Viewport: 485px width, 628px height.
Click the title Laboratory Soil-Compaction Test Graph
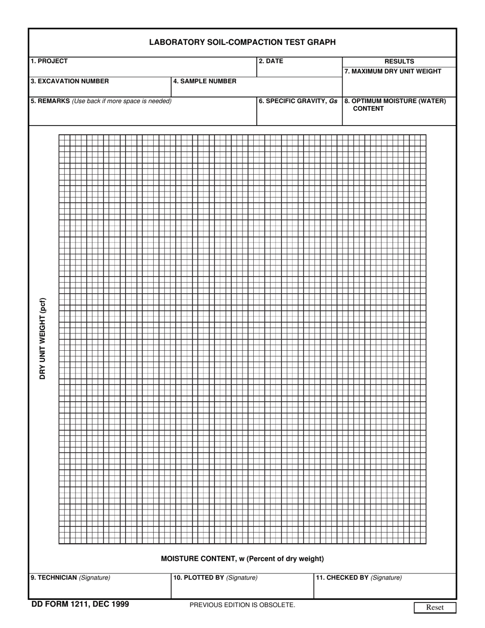242,42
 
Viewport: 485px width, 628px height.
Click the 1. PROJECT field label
49,61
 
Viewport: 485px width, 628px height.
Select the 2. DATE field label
271,61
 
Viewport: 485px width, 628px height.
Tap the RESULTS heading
399,62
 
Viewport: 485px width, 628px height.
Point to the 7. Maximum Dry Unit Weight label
393,71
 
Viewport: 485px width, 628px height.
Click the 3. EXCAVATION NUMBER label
69,81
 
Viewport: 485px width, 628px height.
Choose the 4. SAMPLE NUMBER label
205,81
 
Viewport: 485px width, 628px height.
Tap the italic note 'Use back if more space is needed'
122,101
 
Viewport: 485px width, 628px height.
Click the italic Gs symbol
333,101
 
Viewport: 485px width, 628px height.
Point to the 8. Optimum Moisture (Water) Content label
395,105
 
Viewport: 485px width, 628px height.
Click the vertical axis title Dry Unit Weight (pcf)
43,339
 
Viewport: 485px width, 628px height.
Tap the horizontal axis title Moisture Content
242,559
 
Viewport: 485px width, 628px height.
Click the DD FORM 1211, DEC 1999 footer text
80,605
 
